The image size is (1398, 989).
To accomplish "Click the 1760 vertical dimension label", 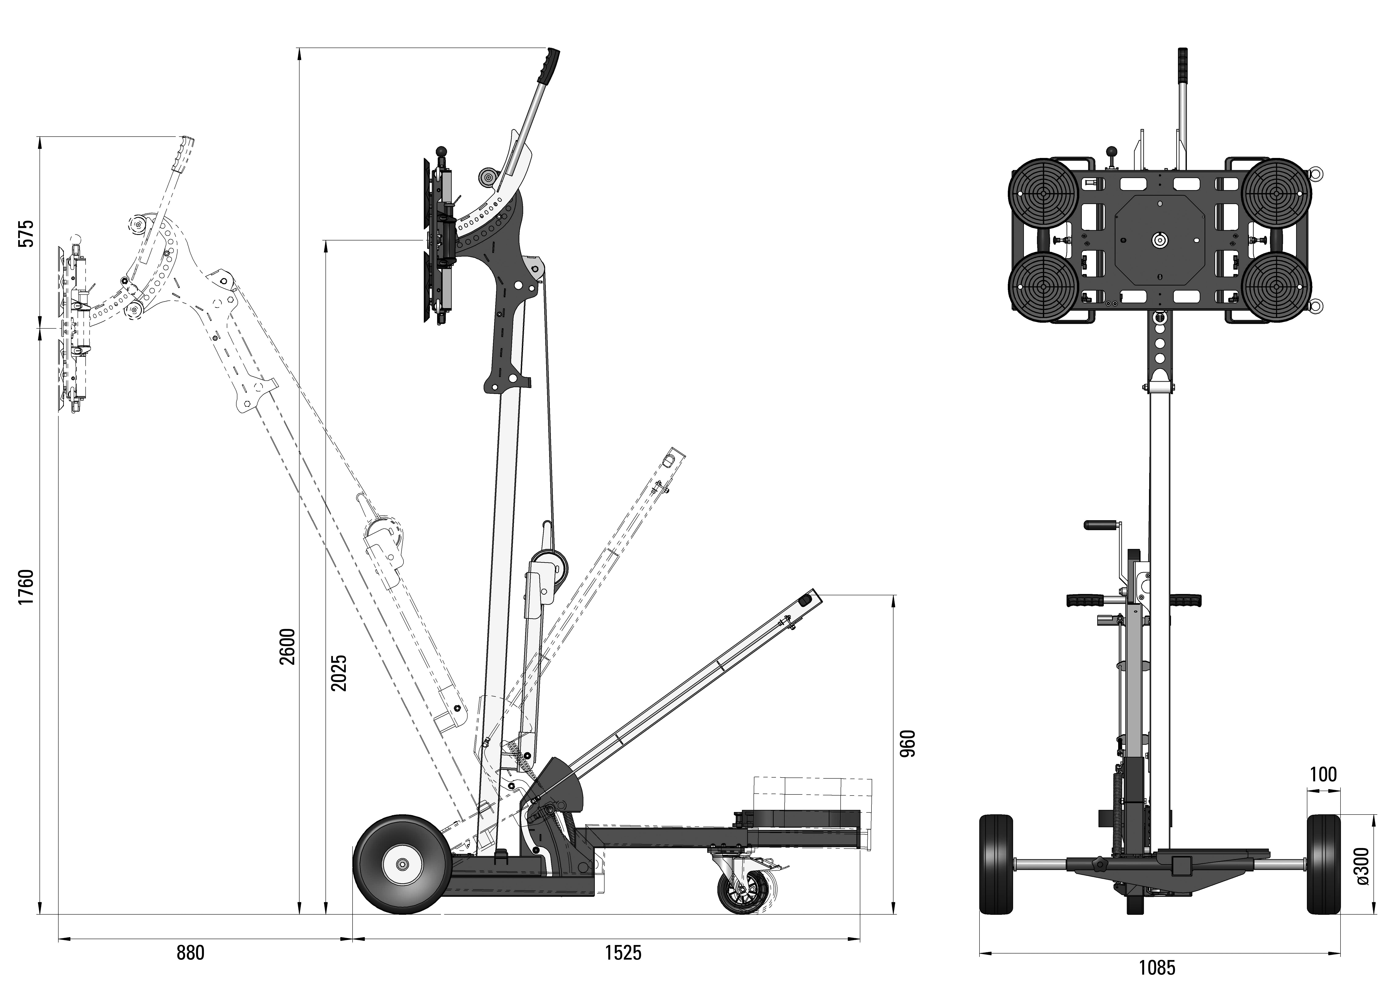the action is click(x=26, y=588).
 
